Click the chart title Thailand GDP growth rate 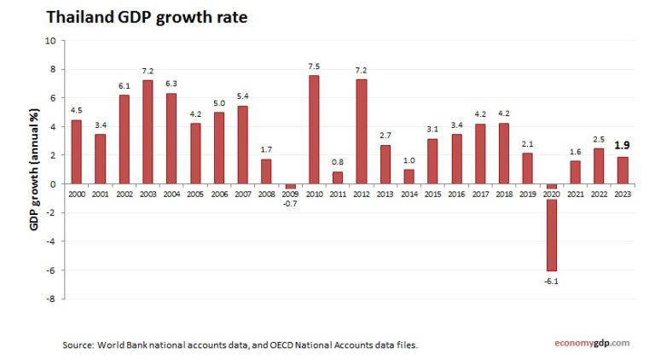pos(146,17)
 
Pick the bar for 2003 pos(148,131)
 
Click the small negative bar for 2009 pos(290,186)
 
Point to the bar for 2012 pos(362,131)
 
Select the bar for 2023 pos(623,170)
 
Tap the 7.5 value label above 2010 pos(314,66)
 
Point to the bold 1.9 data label pos(623,145)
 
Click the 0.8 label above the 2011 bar pos(338,162)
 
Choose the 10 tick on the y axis pos(50,40)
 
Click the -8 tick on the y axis pos(50,299)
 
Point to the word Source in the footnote pos(78,345)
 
